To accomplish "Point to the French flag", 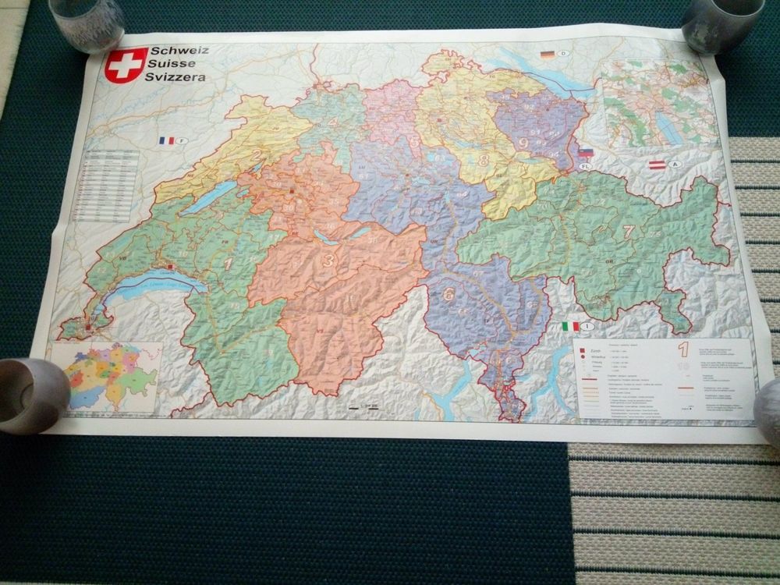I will click(166, 141).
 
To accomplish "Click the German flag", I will click(548, 55).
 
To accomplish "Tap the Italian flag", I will click(570, 326).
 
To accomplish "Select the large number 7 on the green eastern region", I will click(629, 231).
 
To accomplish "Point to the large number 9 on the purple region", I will click(523, 144).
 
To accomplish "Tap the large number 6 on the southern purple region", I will click(448, 295).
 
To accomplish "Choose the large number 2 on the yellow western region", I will click(256, 154).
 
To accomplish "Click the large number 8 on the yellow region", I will click(484, 161).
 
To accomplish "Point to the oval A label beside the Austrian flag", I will click(674, 165).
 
